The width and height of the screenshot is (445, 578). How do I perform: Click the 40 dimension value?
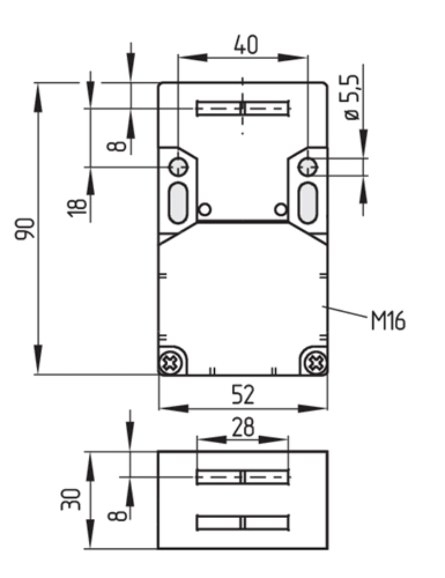(246, 44)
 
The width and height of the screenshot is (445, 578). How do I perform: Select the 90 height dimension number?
(25, 229)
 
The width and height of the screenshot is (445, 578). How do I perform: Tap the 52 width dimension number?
(243, 395)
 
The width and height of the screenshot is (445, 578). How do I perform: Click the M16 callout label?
(388, 321)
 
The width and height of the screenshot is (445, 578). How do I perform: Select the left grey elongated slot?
(178, 203)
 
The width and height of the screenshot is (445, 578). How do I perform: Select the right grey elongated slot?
(308, 203)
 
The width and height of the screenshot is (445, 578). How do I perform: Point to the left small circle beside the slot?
(205, 209)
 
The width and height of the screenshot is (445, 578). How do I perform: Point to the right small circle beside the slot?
(281, 209)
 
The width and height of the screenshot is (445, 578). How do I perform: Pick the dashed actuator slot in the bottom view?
(243, 477)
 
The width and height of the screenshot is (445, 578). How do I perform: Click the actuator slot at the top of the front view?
(243, 108)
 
